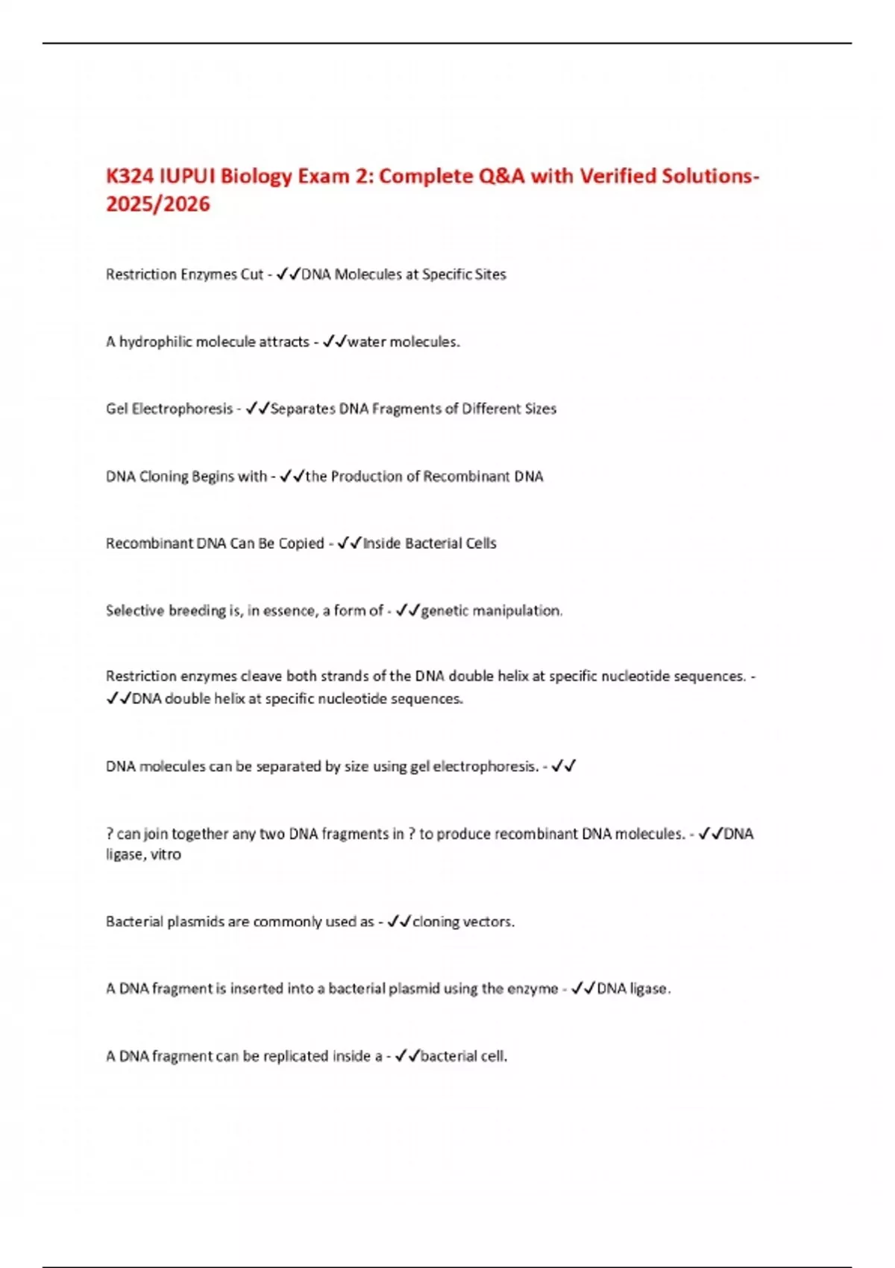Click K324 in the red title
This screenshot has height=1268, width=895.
tap(130, 176)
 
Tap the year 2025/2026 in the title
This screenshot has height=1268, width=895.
tap(158, 204)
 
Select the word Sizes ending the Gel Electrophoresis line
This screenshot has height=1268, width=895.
tap(541, 409)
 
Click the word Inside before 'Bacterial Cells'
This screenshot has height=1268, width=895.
tap(382, 543)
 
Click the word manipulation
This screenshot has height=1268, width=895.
tap(518, 610)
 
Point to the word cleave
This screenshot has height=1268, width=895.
tap(262, 677)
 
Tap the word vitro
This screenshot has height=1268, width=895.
tap(166, 855)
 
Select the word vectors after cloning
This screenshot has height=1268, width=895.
tap(489, 922)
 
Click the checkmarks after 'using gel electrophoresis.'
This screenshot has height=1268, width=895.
tap(564, 766)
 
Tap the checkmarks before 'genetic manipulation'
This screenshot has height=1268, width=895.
tap(408, 610)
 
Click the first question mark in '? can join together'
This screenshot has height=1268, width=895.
tap(110, 834)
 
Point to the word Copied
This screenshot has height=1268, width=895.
tap(301, 543)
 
